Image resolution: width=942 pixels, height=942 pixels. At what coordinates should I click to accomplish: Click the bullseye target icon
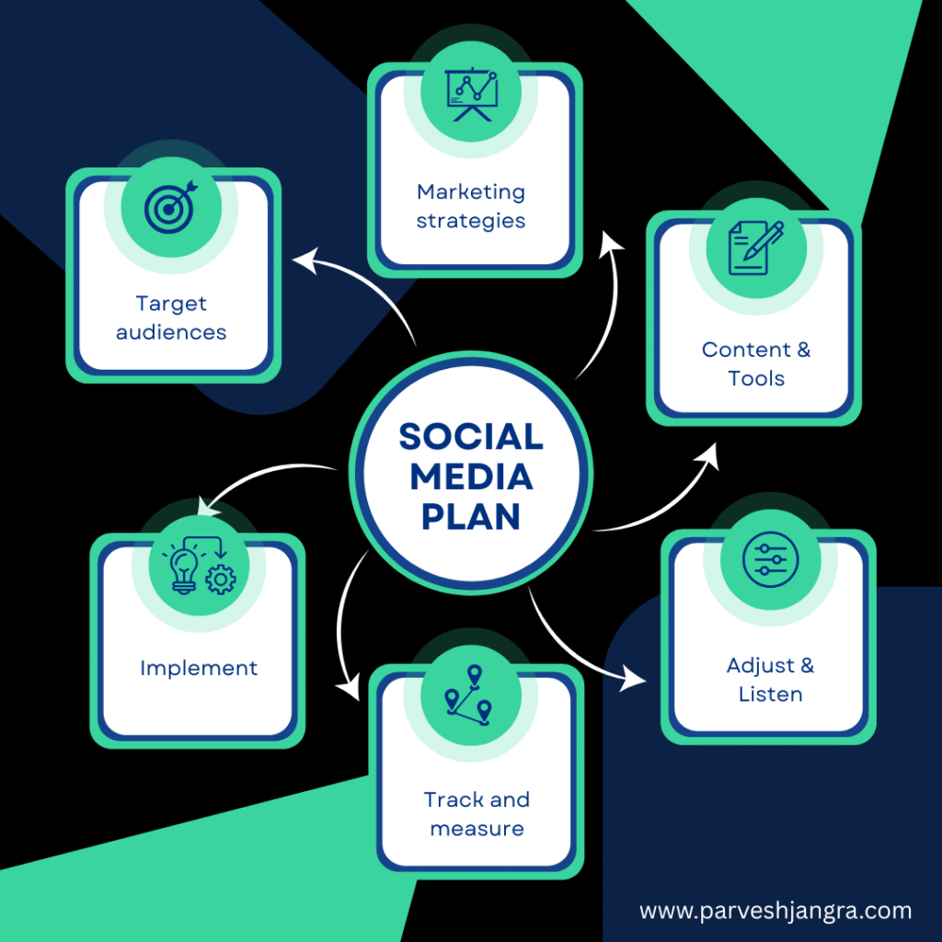pyautogui.click(x=170, y=206)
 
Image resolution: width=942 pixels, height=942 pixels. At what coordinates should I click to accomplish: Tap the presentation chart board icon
pyautogui.click(x=472, y=95)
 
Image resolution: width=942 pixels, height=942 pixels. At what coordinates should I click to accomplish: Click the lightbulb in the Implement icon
pyautogui.click(x=183, y=570)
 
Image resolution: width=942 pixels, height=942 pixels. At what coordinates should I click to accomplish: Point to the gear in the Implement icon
pyautogui.click(x=221, y=580)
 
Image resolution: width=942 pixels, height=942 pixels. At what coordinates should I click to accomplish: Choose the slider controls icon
pyautogui.click(x=770, y=559)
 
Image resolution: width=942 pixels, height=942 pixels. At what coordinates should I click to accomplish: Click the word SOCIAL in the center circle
pyautogui.click(x=471, y=437)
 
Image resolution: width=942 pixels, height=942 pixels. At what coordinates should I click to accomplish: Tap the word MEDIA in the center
pyautogui.click(x=471, y=477)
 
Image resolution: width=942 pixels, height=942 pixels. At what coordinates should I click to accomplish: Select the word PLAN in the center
pyautogui.click(x=471, y=517)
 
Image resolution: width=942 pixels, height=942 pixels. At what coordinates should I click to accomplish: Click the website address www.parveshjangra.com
pyautogui.click(x=775, y=912)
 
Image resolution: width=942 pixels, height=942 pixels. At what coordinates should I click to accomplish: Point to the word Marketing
pyautogui.click(x=471, y=192)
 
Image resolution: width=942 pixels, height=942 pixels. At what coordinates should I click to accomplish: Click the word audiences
pyautogui.click(x=171, y=332)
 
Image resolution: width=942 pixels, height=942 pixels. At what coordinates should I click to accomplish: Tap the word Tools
pyautogui.click(x=756, y=378)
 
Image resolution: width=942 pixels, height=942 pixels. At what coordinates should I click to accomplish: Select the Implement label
pyautogui.click(x=199, y=668)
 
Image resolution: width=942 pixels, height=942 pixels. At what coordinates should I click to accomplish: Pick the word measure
pyautogui.click(x=477, y=829)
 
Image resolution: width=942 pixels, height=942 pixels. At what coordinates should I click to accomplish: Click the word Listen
pyautogui.click(x=770, y=695)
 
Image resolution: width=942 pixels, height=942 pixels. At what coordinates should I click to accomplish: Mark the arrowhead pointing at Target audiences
pyautogui.click(x=305, y=260)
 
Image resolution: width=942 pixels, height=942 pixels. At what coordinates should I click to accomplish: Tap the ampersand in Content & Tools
pyautogui.click(x=804, y=350)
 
